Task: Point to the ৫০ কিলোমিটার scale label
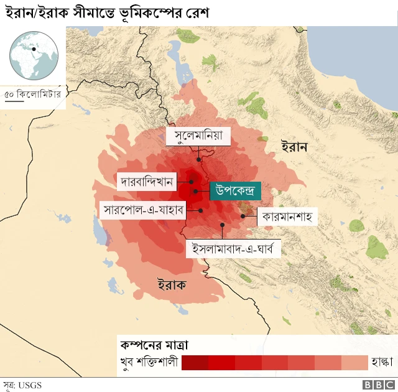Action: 32,95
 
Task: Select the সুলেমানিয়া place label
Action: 198,136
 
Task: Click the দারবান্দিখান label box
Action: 147,182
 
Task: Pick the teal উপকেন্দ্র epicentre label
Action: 235,190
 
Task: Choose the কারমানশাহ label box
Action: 285,217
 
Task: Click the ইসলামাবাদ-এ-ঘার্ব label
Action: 234,249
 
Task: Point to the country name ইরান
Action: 295,147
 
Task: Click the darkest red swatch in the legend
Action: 195,363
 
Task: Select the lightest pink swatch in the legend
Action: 354,363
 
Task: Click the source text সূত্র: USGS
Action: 22,385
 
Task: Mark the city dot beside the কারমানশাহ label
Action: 243,217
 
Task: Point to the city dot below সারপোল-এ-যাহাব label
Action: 201,210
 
